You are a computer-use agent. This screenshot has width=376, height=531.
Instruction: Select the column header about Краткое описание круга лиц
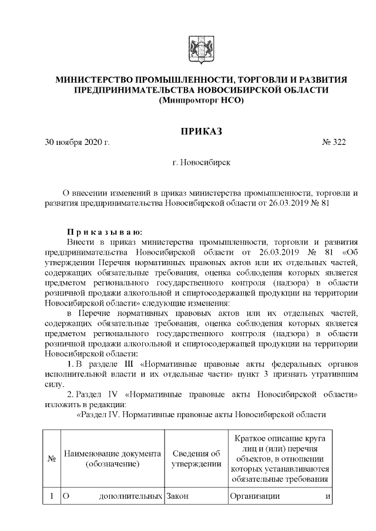point(280,458)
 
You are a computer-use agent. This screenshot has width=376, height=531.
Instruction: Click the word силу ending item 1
point(53,384)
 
